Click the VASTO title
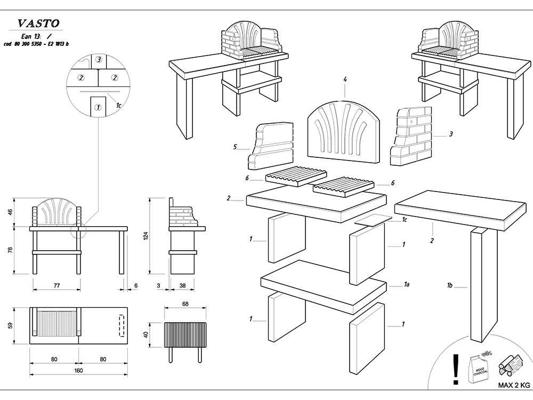tap(38, 23)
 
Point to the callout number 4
tap(345, 79)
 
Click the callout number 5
tap(235, 146)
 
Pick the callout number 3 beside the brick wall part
tap(450, 134)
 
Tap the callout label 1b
tap(450, 286)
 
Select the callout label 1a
tap(406, 285)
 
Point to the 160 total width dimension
tap(78, 370)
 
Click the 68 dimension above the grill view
tap(185, 304)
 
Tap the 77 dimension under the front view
tap(56, 286)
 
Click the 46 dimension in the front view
tap(10, 212)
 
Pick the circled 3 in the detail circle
tap(99, 60)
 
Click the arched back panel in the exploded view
tap(344, 130)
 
